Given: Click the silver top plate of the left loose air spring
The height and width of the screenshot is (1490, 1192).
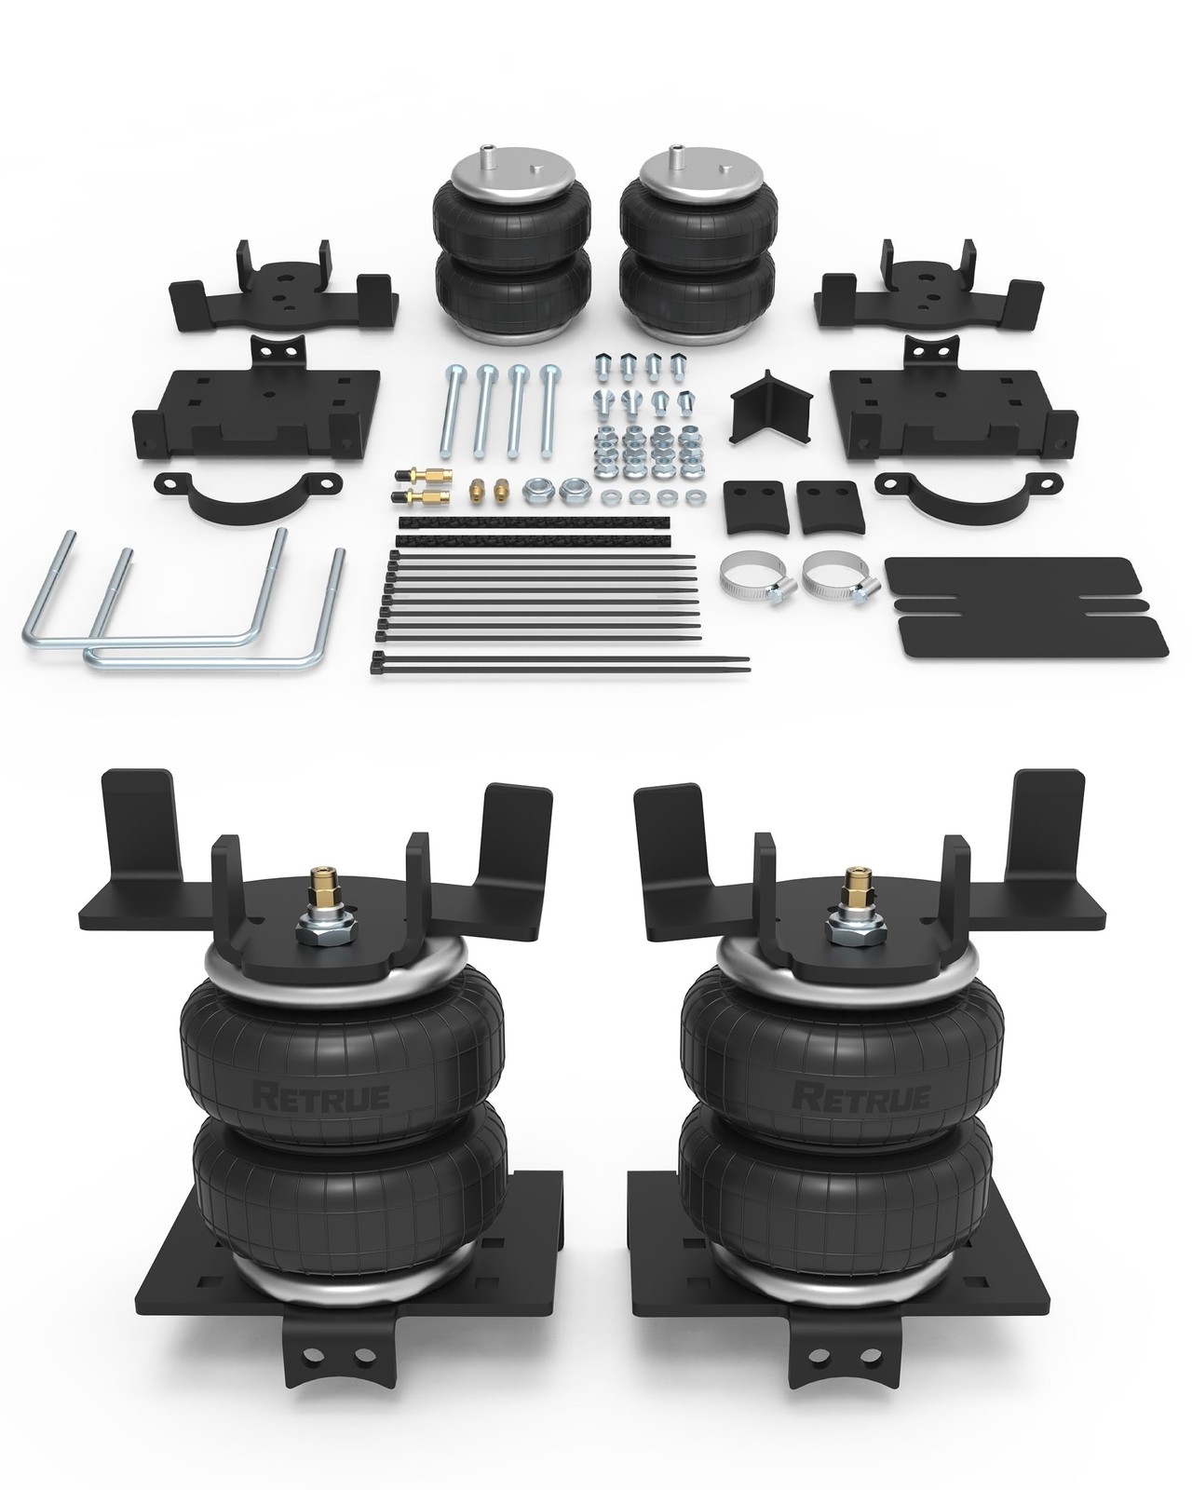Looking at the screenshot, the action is pos(495,182).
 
